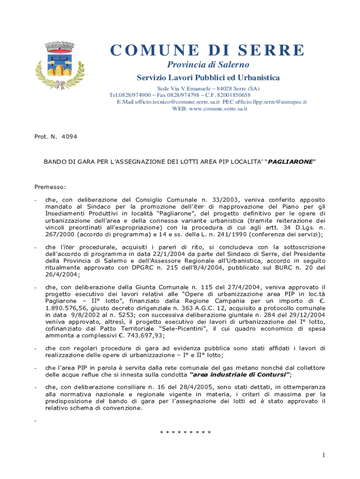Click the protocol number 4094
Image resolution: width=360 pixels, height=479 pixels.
69,137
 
